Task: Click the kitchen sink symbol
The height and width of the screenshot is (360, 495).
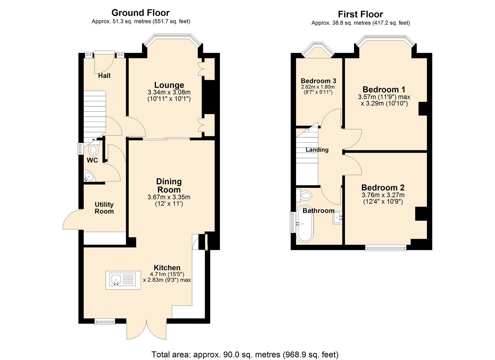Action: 120,280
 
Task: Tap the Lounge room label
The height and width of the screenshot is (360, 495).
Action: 169,85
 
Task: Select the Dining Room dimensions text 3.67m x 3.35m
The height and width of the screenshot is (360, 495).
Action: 169,197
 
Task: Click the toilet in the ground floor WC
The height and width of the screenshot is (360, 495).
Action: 94,150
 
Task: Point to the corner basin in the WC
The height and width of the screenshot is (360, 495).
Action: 88,177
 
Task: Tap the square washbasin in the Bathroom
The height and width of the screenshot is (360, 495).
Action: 337,218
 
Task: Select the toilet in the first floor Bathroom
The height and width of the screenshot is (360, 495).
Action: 305,194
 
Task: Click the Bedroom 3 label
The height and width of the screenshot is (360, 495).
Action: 318,81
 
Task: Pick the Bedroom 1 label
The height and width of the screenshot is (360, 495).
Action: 384,89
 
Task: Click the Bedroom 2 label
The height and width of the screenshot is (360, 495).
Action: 383,187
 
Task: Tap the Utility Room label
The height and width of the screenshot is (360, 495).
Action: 104,208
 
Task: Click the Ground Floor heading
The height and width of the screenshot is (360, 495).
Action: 140,13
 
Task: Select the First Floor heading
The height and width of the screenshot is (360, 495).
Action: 360,14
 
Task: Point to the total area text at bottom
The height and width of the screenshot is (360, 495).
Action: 245,354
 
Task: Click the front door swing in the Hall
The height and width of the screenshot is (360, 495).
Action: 103,63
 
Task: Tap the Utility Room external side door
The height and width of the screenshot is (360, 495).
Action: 73,220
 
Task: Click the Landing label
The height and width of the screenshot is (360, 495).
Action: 317,150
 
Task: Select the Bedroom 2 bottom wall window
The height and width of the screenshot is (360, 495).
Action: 385,247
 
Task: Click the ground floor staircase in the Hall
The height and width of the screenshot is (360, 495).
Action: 94,113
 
